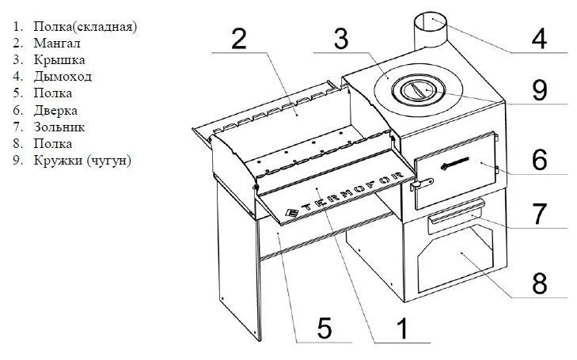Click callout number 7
point(539,213)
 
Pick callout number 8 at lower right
point(539,282)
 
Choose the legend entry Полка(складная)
point(85,26)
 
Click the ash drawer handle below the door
point(454,210)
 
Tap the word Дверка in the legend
point(55,110)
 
